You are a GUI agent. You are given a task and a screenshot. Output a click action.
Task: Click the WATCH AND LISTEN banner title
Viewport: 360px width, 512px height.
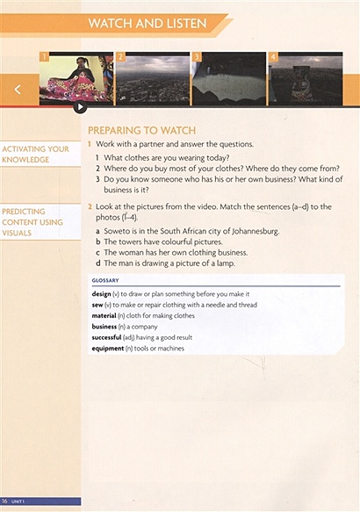tap(147, 24)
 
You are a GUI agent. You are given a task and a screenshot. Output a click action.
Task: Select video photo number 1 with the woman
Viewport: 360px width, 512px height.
tap(76, 79)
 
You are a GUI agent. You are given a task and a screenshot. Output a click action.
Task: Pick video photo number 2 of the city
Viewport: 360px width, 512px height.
tap(152, 79)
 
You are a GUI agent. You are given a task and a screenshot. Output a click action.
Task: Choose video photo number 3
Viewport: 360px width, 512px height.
tap(228, 79)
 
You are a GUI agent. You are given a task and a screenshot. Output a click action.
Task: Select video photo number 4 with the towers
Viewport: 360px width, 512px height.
tap(304, 79)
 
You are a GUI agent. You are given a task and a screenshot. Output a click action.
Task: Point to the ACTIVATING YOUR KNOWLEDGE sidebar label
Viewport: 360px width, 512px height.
tap(35, 155)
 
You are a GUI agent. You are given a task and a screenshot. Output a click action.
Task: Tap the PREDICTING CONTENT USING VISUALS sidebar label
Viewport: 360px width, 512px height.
tap(33, 222)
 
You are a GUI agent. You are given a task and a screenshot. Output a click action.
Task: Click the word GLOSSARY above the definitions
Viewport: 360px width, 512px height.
tap(105, 280)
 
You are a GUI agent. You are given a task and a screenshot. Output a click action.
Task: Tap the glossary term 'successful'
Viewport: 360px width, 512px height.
tap(109, 337)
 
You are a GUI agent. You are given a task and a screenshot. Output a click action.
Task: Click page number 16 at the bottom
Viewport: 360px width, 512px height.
tap(6, 501)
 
